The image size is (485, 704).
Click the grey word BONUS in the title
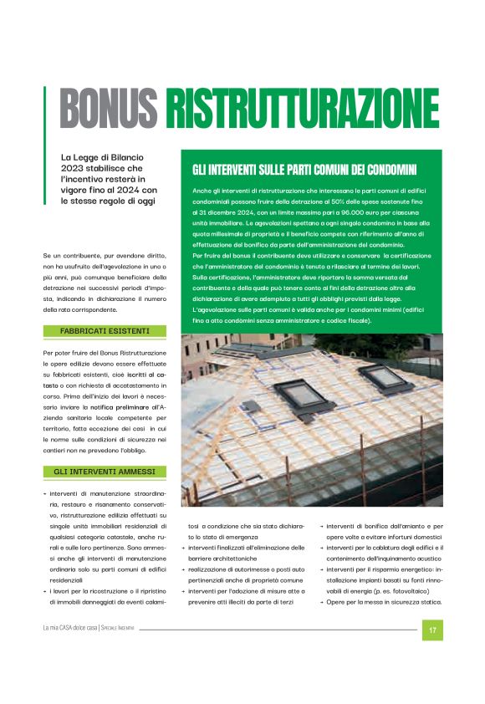point(109,109)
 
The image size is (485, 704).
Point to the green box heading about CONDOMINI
point(304,170)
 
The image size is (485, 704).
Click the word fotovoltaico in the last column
point(416,591)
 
